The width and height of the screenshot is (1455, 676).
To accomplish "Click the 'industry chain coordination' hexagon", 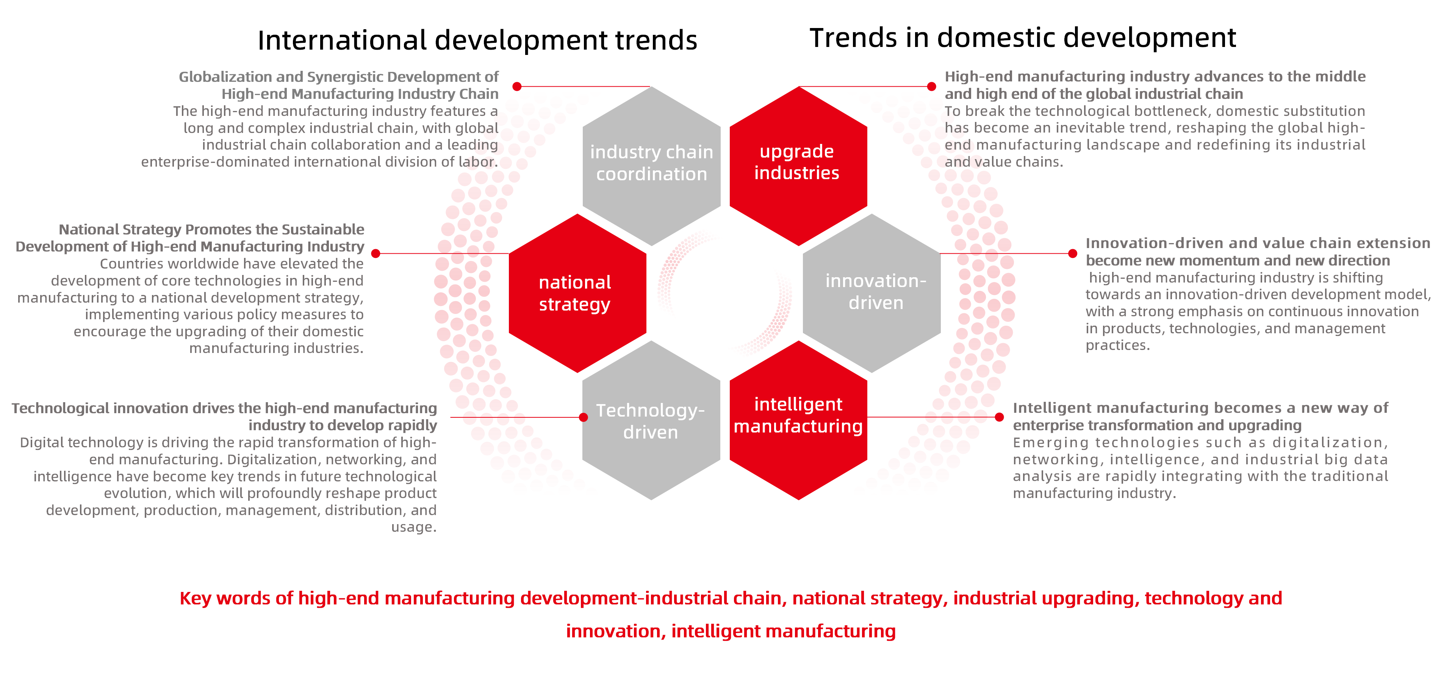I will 651,164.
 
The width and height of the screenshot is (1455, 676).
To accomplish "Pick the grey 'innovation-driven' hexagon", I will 872,292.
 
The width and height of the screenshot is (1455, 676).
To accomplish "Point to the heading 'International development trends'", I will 477,40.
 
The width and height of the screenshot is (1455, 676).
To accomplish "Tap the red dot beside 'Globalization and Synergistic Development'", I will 517,86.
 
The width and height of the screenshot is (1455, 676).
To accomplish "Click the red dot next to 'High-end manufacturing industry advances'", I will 931,86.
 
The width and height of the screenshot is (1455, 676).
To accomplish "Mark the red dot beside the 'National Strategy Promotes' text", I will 375,254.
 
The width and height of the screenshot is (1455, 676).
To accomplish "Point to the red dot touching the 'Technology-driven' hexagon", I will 584,417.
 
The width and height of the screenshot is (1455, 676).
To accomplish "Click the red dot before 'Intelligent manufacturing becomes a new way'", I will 999,417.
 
